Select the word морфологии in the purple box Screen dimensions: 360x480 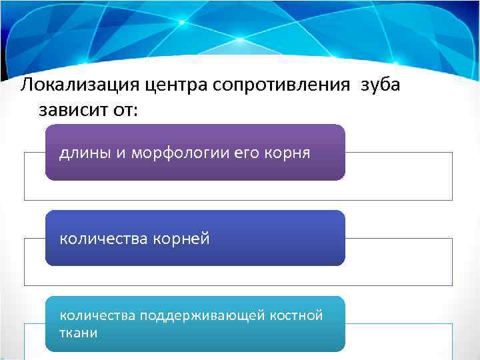tap(168, 153)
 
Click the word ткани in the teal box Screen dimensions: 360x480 tap(78, 333)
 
